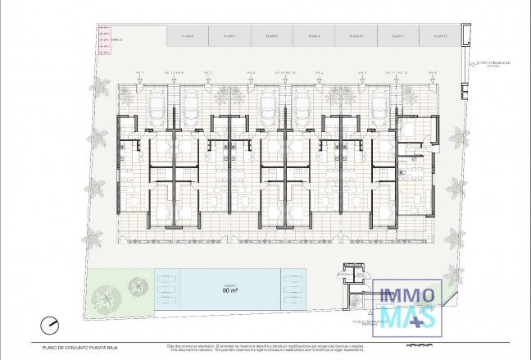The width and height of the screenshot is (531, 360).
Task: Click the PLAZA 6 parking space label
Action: point(188,37)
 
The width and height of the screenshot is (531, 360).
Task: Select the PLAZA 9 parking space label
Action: point(314,37)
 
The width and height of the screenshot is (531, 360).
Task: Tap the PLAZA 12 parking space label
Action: point(440,37)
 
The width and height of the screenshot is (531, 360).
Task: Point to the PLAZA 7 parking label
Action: point(229,37)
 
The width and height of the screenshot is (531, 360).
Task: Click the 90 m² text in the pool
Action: point(230,290)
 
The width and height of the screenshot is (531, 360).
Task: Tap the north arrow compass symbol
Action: point(50,326)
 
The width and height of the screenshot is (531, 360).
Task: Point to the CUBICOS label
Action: point(116,39)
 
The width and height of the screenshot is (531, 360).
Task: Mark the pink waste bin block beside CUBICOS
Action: point(104,38)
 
